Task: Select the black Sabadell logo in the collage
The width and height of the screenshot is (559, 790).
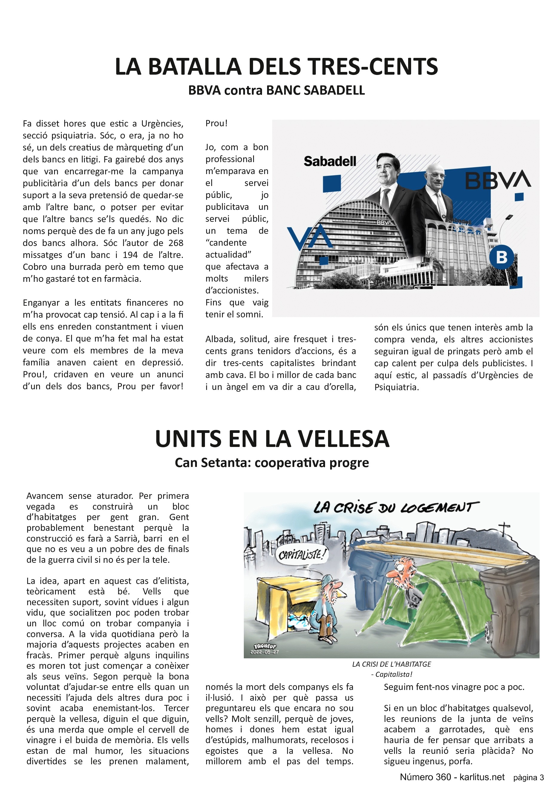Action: (330, 161)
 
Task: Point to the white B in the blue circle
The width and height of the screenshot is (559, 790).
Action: (502, 257)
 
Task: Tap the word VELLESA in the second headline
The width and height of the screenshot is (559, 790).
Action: (343, 439)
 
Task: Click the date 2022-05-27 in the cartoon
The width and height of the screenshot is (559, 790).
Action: (264, 652)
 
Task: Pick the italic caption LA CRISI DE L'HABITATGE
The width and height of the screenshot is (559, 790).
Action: (391, 664)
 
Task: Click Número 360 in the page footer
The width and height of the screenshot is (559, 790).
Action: (425, 777)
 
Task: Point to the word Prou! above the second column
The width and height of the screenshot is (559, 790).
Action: (216, 123)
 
